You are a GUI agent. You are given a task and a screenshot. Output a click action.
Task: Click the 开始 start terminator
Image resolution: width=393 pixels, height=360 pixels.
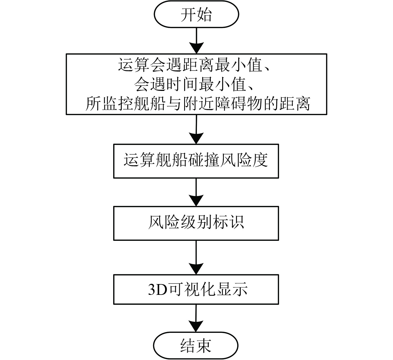click(x=196, y=14)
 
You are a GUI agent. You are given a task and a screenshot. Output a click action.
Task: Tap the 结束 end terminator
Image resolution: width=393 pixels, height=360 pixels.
click(x=196, y=345)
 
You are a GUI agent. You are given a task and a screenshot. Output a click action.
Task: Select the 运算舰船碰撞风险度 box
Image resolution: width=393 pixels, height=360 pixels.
click(x=196, y=160)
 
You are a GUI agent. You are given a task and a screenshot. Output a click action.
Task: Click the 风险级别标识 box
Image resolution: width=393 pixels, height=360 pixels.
click(x=196, y=223)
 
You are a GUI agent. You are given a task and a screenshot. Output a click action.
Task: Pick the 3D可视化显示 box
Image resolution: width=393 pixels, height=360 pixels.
click(x=196, y=289)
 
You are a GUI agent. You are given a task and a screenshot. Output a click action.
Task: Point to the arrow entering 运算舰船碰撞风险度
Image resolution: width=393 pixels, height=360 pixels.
click(x=196, y=129)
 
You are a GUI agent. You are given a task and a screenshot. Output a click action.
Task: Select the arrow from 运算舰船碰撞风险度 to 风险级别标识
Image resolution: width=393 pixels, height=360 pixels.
click(x=196, y=192)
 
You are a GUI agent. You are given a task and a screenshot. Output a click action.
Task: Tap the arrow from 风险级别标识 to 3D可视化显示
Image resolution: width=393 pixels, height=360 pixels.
click(x=196, y=257)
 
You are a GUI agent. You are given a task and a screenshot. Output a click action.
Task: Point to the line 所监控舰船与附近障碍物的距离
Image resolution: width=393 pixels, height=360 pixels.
click(x=197, y=104)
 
